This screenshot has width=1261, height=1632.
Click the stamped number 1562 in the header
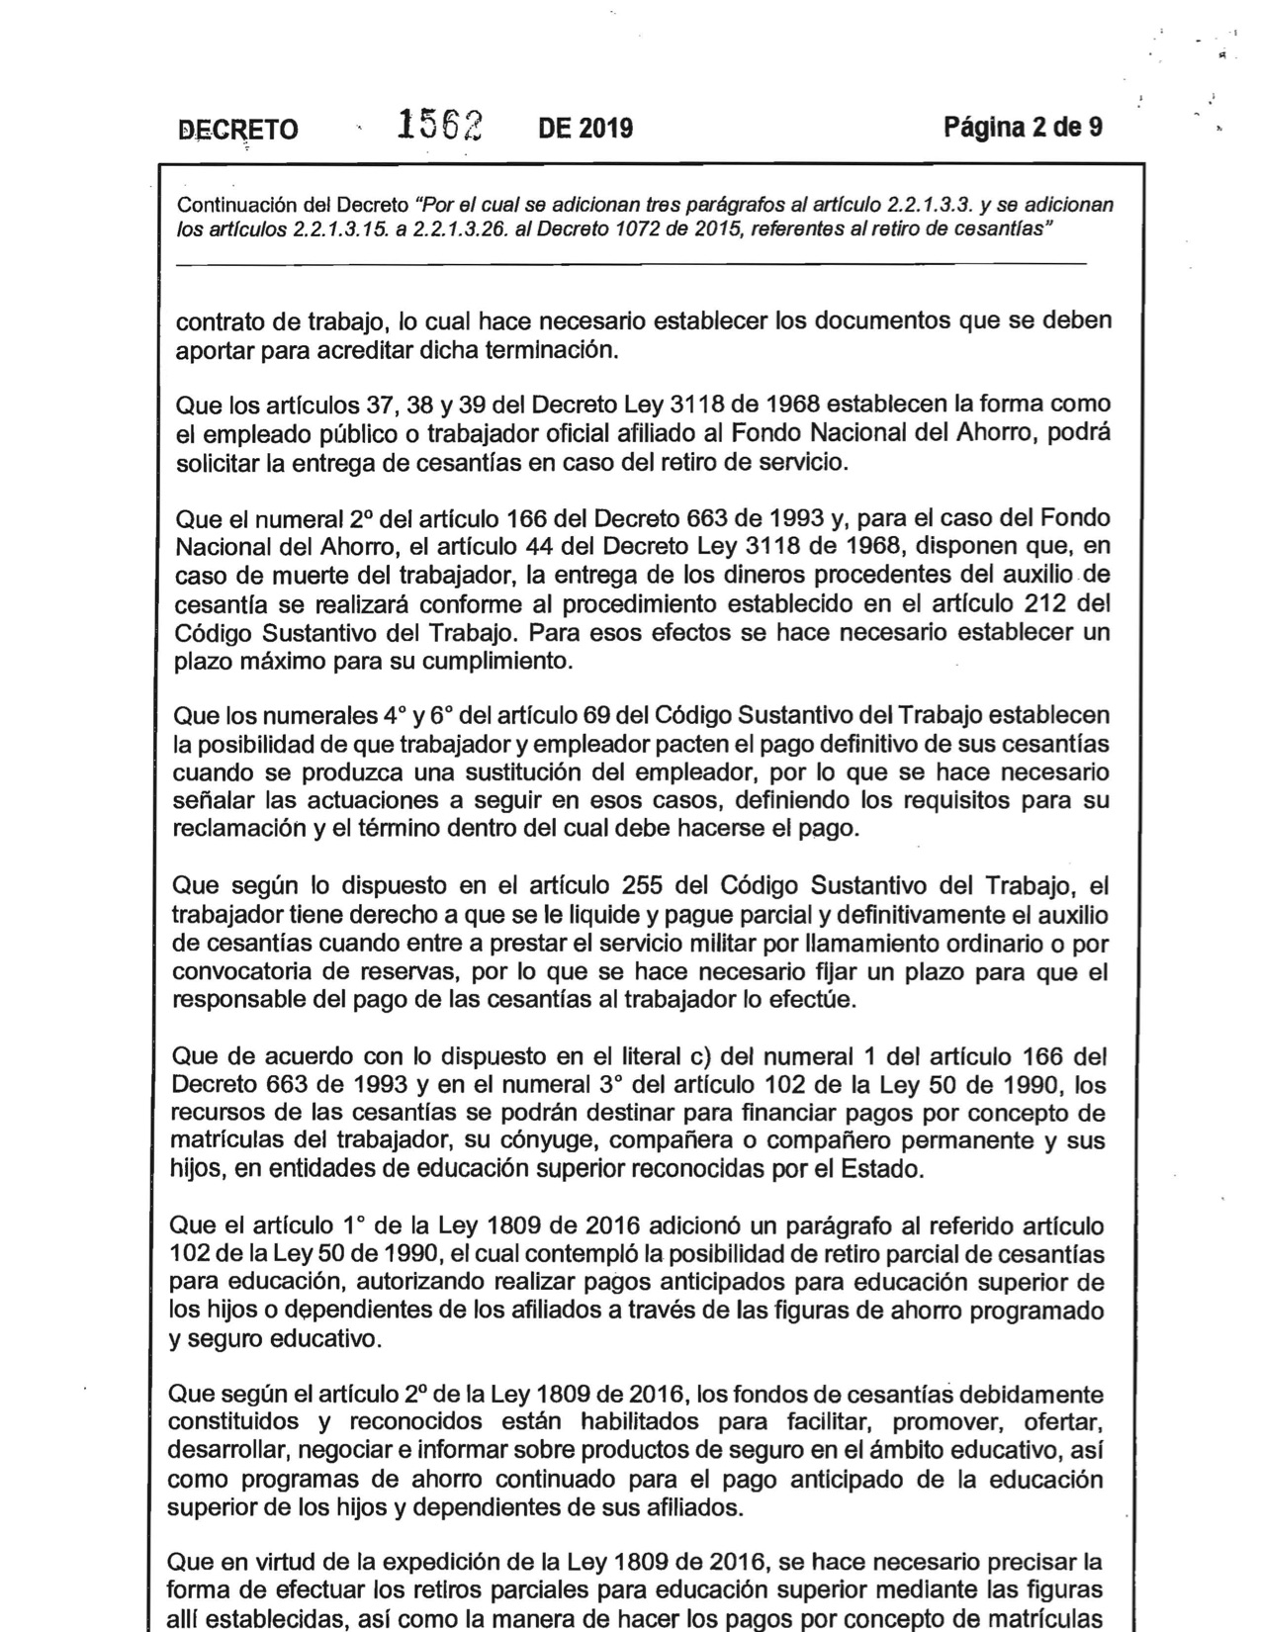[x=439, y=127]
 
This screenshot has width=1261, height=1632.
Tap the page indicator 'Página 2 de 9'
[x=1023, y=128]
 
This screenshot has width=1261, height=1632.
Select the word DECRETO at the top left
[x=237, y=130]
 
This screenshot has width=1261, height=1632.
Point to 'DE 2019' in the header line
[x=585, y=129]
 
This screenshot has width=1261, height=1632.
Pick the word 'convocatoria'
[x=234, y=971]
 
